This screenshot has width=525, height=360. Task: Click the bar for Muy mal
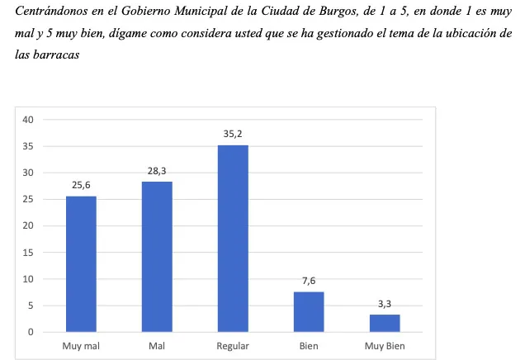(x=81, y=264)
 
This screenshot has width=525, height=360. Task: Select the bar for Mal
(x=157, y=257)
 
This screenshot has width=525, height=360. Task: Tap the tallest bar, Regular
(x=233, y=239)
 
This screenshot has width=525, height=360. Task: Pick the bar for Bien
(x=309, y=312)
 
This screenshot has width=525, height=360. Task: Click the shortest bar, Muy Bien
(x=385, y=323)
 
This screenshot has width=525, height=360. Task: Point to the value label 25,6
(x=81, y=185)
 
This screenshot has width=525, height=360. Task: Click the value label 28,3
(x=157, y=171)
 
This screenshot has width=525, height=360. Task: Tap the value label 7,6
(x=309, y=281)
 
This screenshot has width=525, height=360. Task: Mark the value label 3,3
(x=385, y=304)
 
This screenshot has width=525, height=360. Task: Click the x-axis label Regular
(x=233, y=346)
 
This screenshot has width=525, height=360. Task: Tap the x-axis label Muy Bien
(x=385, y=346)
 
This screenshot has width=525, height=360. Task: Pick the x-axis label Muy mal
(x=81, y=346)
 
